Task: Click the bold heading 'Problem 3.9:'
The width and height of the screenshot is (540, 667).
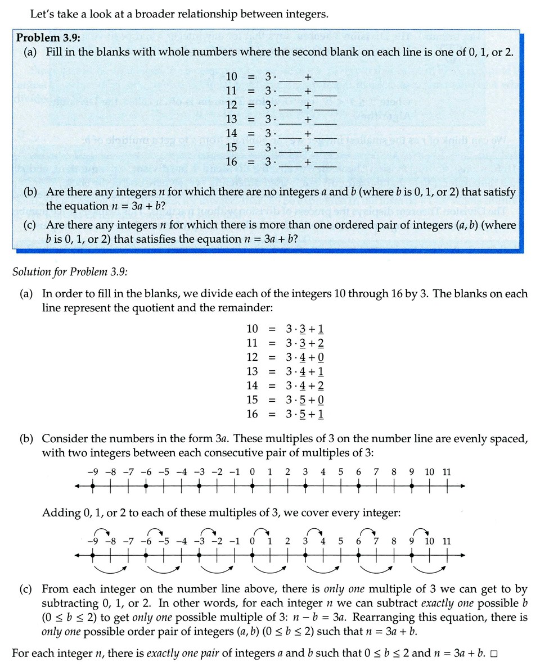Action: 48,38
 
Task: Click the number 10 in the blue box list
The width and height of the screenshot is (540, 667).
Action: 232,76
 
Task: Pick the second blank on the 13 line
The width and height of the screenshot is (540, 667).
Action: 326,119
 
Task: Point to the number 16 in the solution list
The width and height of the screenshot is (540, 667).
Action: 252,414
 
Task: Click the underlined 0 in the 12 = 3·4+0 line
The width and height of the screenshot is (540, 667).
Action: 320,357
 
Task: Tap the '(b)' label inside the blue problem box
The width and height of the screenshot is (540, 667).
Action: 30,192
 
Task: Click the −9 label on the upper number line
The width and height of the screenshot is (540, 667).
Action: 92,472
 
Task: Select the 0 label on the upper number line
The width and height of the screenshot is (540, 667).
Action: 253,472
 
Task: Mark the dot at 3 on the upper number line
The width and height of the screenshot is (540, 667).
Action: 305,486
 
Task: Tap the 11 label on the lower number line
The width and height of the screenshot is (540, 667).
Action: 446,542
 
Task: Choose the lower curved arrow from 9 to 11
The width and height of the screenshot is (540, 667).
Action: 430,569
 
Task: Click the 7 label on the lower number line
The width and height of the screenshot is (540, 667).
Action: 376,542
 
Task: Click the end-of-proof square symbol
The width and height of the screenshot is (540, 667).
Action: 494,655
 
